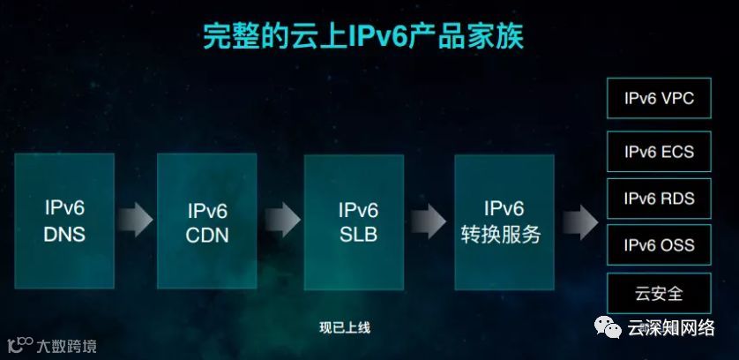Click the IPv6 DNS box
64,221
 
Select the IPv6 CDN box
207,221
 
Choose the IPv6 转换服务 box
504,221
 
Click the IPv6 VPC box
659,99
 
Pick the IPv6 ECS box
659,151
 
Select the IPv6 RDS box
659,199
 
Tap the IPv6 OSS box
659,245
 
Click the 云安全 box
659,292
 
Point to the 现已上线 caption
345,327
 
